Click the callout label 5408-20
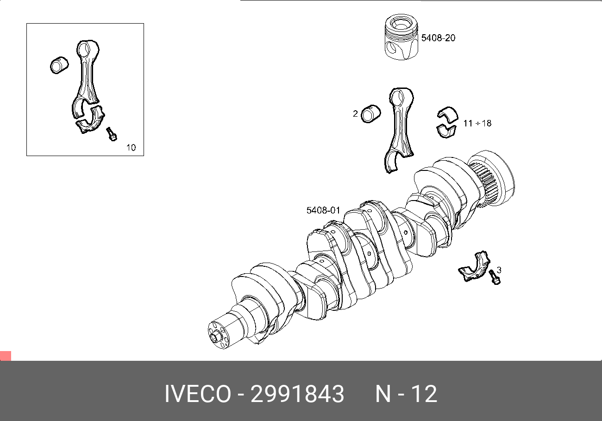tap(438, 38)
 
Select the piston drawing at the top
tap(401, 37)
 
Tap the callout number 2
tap(355, 114)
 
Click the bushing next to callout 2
tap(371, 114)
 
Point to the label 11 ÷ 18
tap(477, 123)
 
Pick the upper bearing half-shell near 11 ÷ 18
tap(448, 114)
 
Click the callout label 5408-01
tap(323, 210)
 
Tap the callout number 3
tap(499, 270)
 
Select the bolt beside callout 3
tap(495, 277)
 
